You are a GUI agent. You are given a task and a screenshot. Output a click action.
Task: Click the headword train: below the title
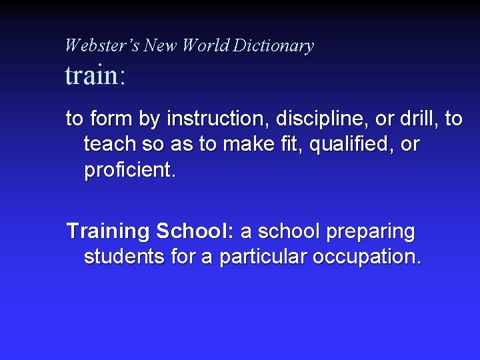coord(95,75)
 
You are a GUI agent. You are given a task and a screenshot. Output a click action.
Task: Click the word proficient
coord(130,170)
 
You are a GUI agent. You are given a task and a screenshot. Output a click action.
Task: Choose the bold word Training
coord(108,232)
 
